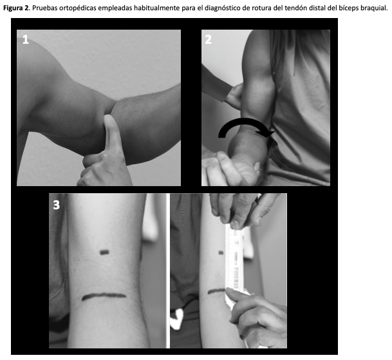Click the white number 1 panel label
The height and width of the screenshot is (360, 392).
26,39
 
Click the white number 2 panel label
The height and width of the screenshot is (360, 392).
209,39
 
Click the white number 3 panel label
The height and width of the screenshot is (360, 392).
56,205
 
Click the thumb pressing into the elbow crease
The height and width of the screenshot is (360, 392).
112,133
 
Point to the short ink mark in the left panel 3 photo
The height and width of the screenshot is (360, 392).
104,252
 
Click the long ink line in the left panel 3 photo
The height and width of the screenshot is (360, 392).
104,296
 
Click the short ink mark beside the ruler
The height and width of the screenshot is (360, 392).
221,252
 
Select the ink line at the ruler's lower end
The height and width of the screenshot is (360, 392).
216,291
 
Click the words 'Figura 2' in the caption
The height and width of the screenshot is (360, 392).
16,8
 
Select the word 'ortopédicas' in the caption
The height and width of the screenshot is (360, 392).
77,8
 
